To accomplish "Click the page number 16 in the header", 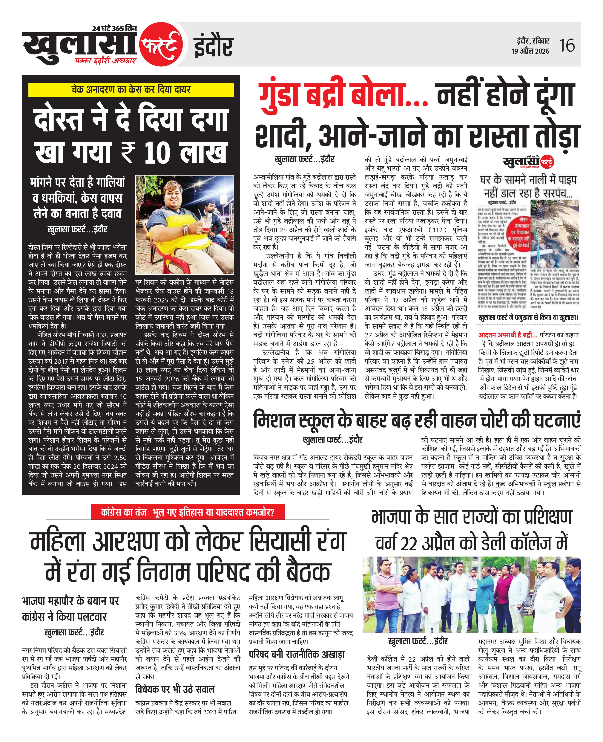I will point(567,45).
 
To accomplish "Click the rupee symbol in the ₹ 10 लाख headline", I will point(128,153).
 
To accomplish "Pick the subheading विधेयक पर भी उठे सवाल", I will point(175,689).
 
